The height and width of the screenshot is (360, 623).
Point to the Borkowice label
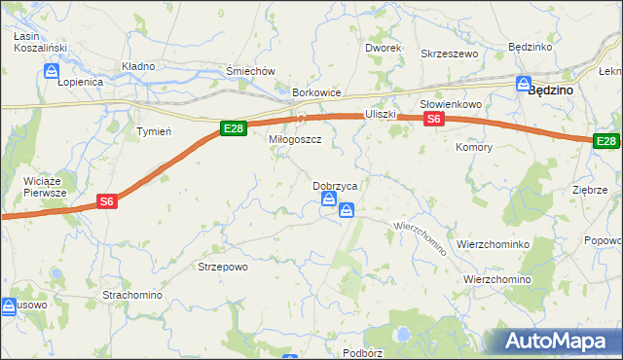pyautogui.click(x=317, y=93)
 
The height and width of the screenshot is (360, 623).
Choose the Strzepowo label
pyautogui.click(x=223, y=266)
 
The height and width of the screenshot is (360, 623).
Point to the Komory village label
pyautogui.click(x=474, y=148)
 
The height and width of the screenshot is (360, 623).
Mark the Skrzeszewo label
pyautogui.click(x=450, y=54)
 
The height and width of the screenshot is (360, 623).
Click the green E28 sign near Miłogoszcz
pyautogui.click(x=233, y=128)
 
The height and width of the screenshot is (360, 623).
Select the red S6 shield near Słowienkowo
pyautogui.click(x=434, y=119)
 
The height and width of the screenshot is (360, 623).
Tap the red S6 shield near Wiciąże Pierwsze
pyautogui.click(x=108, y=202)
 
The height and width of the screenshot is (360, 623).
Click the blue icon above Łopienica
pyautogui.click(x=52, y=71)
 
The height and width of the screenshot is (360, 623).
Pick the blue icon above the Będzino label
pyautogui.click(x=523, y=84)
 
